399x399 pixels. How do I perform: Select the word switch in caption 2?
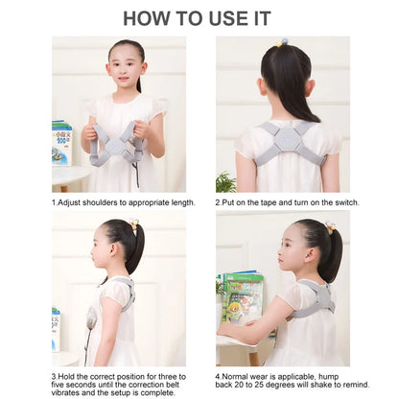329,202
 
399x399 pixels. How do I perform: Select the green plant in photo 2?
226,180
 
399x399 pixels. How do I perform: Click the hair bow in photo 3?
135,223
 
